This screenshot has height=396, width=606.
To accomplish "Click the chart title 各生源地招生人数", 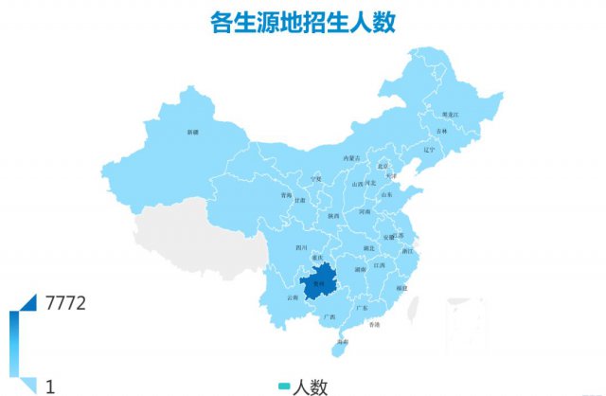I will pyautogui.click(x=302, y=21).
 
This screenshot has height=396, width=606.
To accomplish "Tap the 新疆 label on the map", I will pyautogui.click(x=193, y=131).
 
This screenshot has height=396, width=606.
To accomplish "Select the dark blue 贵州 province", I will pyautogui.click(x=320, y=282).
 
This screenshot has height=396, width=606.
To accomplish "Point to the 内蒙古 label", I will pyautogui.click(x=351, y=158).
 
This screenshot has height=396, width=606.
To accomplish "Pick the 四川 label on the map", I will pyautogui.click(x=302, y=247).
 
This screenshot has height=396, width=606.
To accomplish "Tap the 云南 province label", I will pyautogui.click(x=291, y=297).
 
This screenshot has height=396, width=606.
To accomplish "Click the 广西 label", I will pyautogui.click(x=330, y=315).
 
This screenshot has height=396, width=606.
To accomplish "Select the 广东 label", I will pyautogui.click(x=362, y=308).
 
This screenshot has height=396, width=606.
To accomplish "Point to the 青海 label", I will pyautogui.click(x=286, y=195).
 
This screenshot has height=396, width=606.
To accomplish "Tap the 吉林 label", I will pyautogui.click(x=442, y=131).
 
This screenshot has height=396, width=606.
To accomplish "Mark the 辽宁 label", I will pyautogui.click(x=429, y=149).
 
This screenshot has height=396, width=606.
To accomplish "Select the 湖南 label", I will pyautogui.click(x=361, y=269).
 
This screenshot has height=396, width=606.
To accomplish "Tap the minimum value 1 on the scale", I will pyautogui.click(x=50, y=386).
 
